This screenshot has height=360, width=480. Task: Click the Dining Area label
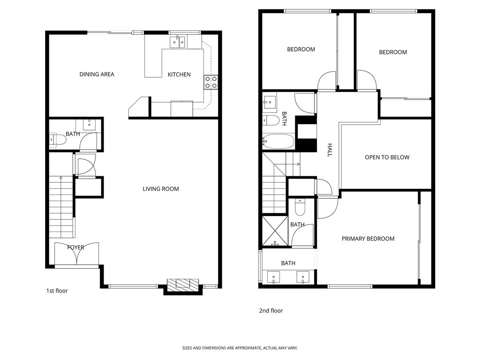tap(97, 74)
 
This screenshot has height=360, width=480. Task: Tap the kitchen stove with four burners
tap(210, 82)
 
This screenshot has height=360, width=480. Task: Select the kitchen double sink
tap(178, 43)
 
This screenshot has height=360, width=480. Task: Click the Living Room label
tap(161, 189)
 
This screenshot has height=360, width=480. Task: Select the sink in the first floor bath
tap(89, 124)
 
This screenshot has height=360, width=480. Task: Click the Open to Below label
tap(387, 157)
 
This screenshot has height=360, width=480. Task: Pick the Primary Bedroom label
tap(367, 239)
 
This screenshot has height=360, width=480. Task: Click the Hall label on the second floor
tap(330, 150)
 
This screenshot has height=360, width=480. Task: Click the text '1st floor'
tap(57, 291)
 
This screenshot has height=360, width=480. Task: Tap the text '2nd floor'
tap(271, 310)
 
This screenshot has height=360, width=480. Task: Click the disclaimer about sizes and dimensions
tap(240, 348)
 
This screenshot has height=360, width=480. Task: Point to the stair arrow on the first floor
tap(60, 178)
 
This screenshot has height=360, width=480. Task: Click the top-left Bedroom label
tap(301, 49)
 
